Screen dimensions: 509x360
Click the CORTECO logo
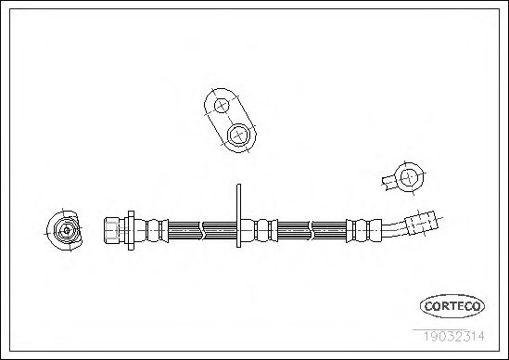[452, 306]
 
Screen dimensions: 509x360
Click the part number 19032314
[453, 336]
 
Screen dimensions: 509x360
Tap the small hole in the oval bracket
[222, 105]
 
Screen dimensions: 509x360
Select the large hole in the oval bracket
[239, 135]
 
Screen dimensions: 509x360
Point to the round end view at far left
[64, 230]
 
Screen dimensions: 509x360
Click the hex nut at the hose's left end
[111, 231]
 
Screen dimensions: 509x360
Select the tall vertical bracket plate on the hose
[238, 216]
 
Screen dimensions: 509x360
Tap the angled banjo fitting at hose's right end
[421, 223]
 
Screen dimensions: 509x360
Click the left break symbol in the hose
[201, 231]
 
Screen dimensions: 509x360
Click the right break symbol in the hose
[311, 231]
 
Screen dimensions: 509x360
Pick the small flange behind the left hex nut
[131, 230]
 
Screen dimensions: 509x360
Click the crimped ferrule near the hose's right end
[363, 231]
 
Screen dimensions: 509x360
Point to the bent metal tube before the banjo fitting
[394, 230]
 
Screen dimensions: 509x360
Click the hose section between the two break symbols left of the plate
[221, 231]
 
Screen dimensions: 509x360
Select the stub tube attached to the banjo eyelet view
[389, 183]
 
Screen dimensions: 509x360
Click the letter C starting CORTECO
[428, 306]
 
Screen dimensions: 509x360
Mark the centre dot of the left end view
[67, 230]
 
